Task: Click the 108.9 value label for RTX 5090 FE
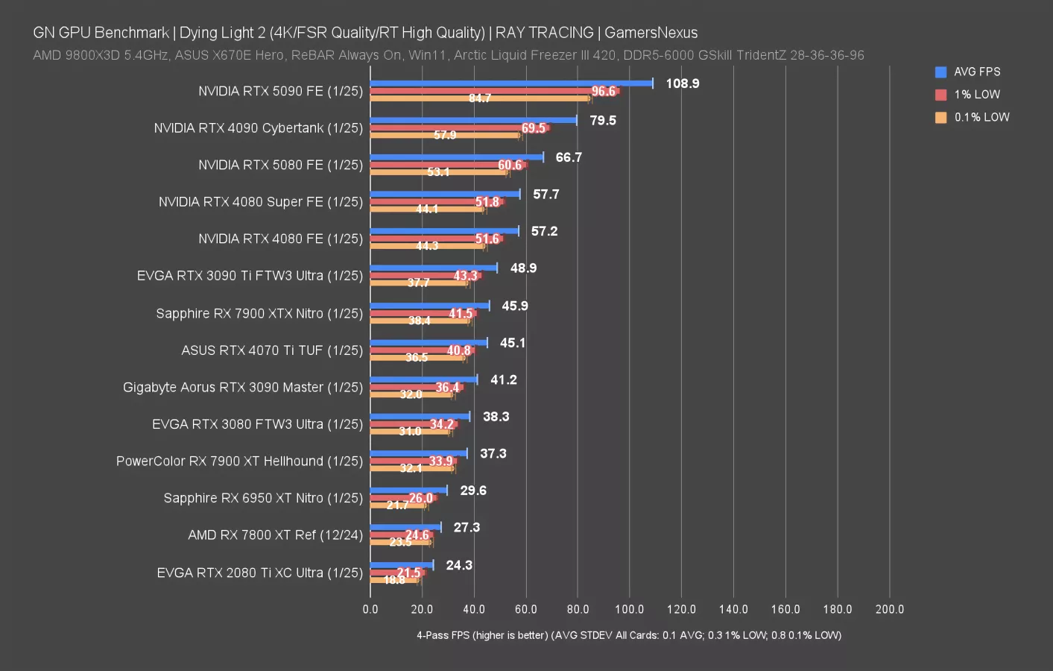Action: (682, 84)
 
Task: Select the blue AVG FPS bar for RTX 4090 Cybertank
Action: (473, 120)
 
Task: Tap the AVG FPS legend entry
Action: (976, 72)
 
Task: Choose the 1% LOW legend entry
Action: (976, 95)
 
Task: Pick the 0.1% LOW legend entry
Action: (981, 117)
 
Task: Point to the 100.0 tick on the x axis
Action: (630, 609)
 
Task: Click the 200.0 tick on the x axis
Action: (889, 609)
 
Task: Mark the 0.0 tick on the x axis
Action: (370, 609)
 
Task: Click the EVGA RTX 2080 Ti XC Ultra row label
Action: (259, 573)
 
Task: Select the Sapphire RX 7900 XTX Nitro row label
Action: (259, 313)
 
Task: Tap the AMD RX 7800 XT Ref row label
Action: (275, 535)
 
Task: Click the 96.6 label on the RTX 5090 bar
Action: (603, 91)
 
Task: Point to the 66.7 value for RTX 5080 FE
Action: (569, 157)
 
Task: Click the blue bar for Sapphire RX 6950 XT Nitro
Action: (408, 490)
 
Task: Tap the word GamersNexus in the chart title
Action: (651, 33)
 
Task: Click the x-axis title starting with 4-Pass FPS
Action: (629, 635)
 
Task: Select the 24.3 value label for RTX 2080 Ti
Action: (459, 565)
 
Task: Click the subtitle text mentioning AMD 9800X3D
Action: (448, 55)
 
